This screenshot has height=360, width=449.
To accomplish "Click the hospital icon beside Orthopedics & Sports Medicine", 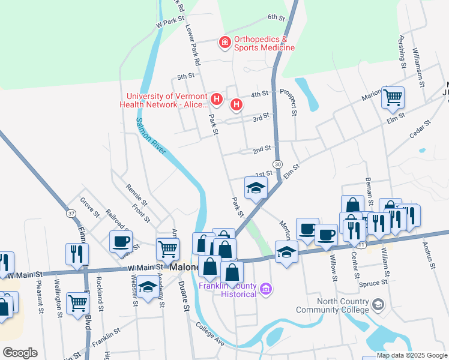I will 224,42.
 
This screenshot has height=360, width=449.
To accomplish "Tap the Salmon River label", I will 150,136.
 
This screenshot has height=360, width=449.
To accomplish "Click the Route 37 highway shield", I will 71,213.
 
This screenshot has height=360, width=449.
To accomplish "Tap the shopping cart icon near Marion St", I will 393,97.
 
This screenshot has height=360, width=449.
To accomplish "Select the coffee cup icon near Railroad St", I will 121,241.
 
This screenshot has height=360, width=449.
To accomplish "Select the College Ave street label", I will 210,334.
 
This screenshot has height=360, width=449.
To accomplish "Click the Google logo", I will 20,353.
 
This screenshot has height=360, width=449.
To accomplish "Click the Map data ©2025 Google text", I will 412,355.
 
